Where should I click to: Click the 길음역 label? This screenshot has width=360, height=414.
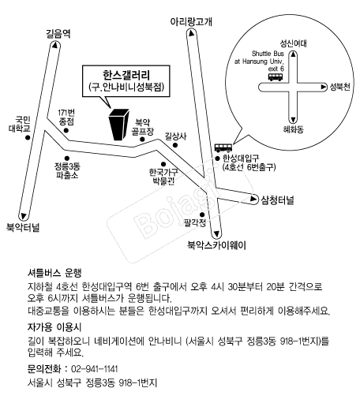(58, 34)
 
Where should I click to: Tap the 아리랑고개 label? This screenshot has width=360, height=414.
(191, 21)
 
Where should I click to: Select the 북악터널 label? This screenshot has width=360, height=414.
(23, 227)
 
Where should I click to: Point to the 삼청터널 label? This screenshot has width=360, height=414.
(277, 200)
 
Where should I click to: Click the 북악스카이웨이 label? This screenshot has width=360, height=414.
(216, 245)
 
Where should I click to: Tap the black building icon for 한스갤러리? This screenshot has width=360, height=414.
(119, 125)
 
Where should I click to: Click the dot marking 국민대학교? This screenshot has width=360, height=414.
(28, 137)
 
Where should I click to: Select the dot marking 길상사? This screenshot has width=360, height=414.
(175, 145)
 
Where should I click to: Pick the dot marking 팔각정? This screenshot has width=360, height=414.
(202, 214)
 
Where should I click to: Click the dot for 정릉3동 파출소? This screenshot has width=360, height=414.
(67, 159)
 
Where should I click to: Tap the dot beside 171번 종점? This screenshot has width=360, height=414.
(66, 130)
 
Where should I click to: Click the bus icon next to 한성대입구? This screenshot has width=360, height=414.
(223, 147)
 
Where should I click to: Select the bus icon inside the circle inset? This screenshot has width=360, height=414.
(276, 76)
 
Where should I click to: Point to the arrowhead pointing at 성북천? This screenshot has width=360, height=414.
(323, 87)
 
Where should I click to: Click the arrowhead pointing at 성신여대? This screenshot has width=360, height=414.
(293, 54)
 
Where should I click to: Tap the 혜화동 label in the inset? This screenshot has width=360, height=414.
(293, 129)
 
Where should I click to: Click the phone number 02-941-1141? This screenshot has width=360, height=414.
(95, 368)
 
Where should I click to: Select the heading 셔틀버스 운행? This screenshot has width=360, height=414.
(54, 273)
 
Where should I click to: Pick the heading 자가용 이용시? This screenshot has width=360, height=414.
(54, 327)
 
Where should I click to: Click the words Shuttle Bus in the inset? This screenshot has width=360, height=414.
(268, 54)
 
